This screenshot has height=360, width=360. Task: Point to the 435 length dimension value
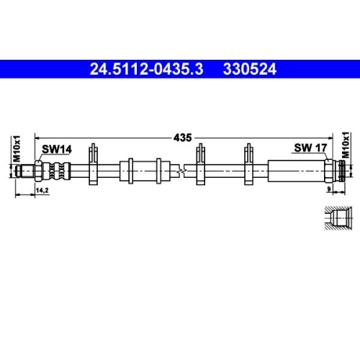(182, 136)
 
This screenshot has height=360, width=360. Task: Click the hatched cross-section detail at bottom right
(337, 217)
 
